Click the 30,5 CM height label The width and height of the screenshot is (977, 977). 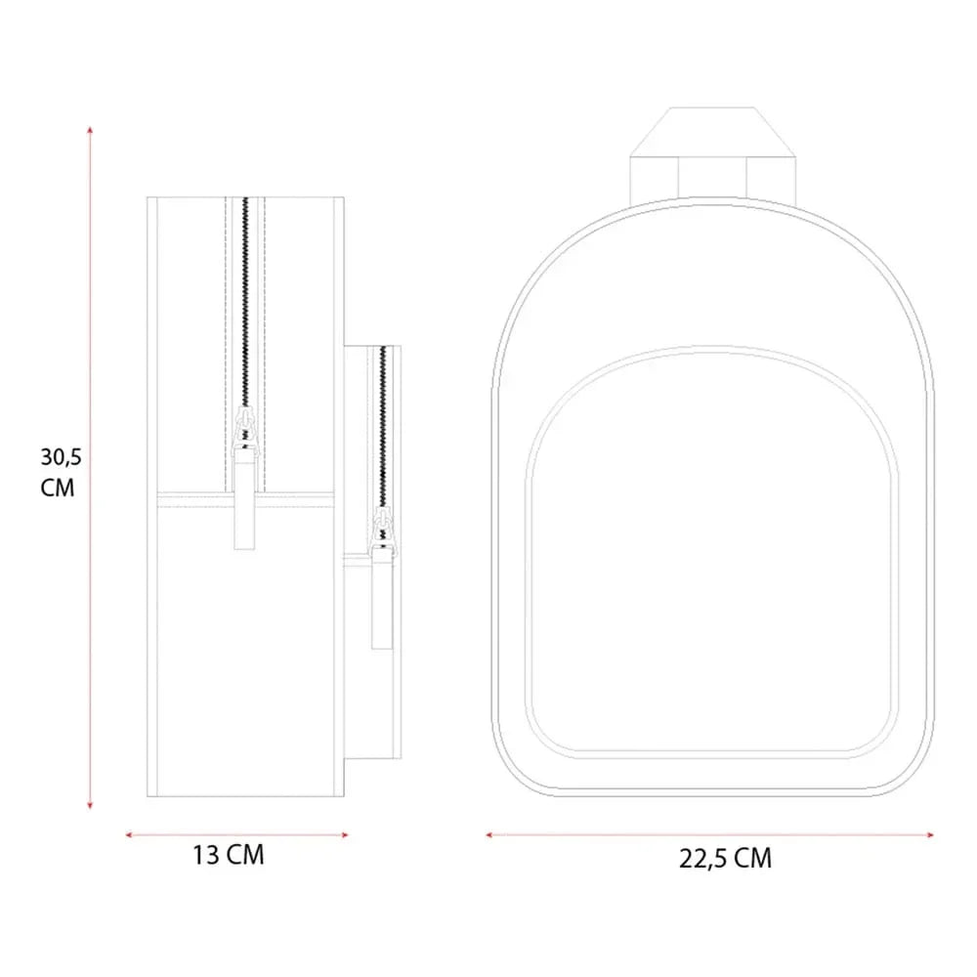tap(61, 472)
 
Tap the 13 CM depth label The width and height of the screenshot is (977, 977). tap(228, 855)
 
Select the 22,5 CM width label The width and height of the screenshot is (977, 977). tap(725, 859)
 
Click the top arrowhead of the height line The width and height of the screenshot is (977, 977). tap(90, 130)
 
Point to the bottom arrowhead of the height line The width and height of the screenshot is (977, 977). tap(90, 806)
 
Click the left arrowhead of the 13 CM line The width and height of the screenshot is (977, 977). tap(129, 834)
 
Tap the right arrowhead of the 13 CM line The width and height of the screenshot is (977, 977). tap(345, 835)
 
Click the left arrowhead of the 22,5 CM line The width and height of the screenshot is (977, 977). tap(489, 834)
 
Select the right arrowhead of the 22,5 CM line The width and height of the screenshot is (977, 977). tap(930, 835)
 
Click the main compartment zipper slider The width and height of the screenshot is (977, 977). tap(244, 429)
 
